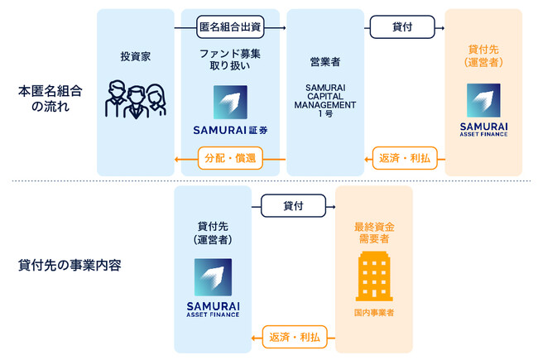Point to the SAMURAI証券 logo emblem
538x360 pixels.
[x=230, y=103]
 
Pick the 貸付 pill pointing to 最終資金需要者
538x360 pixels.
[x=293, y=205]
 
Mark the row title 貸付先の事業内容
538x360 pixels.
[x=70, y=266]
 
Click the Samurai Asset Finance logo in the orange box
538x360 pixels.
[x=483, y=109]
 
